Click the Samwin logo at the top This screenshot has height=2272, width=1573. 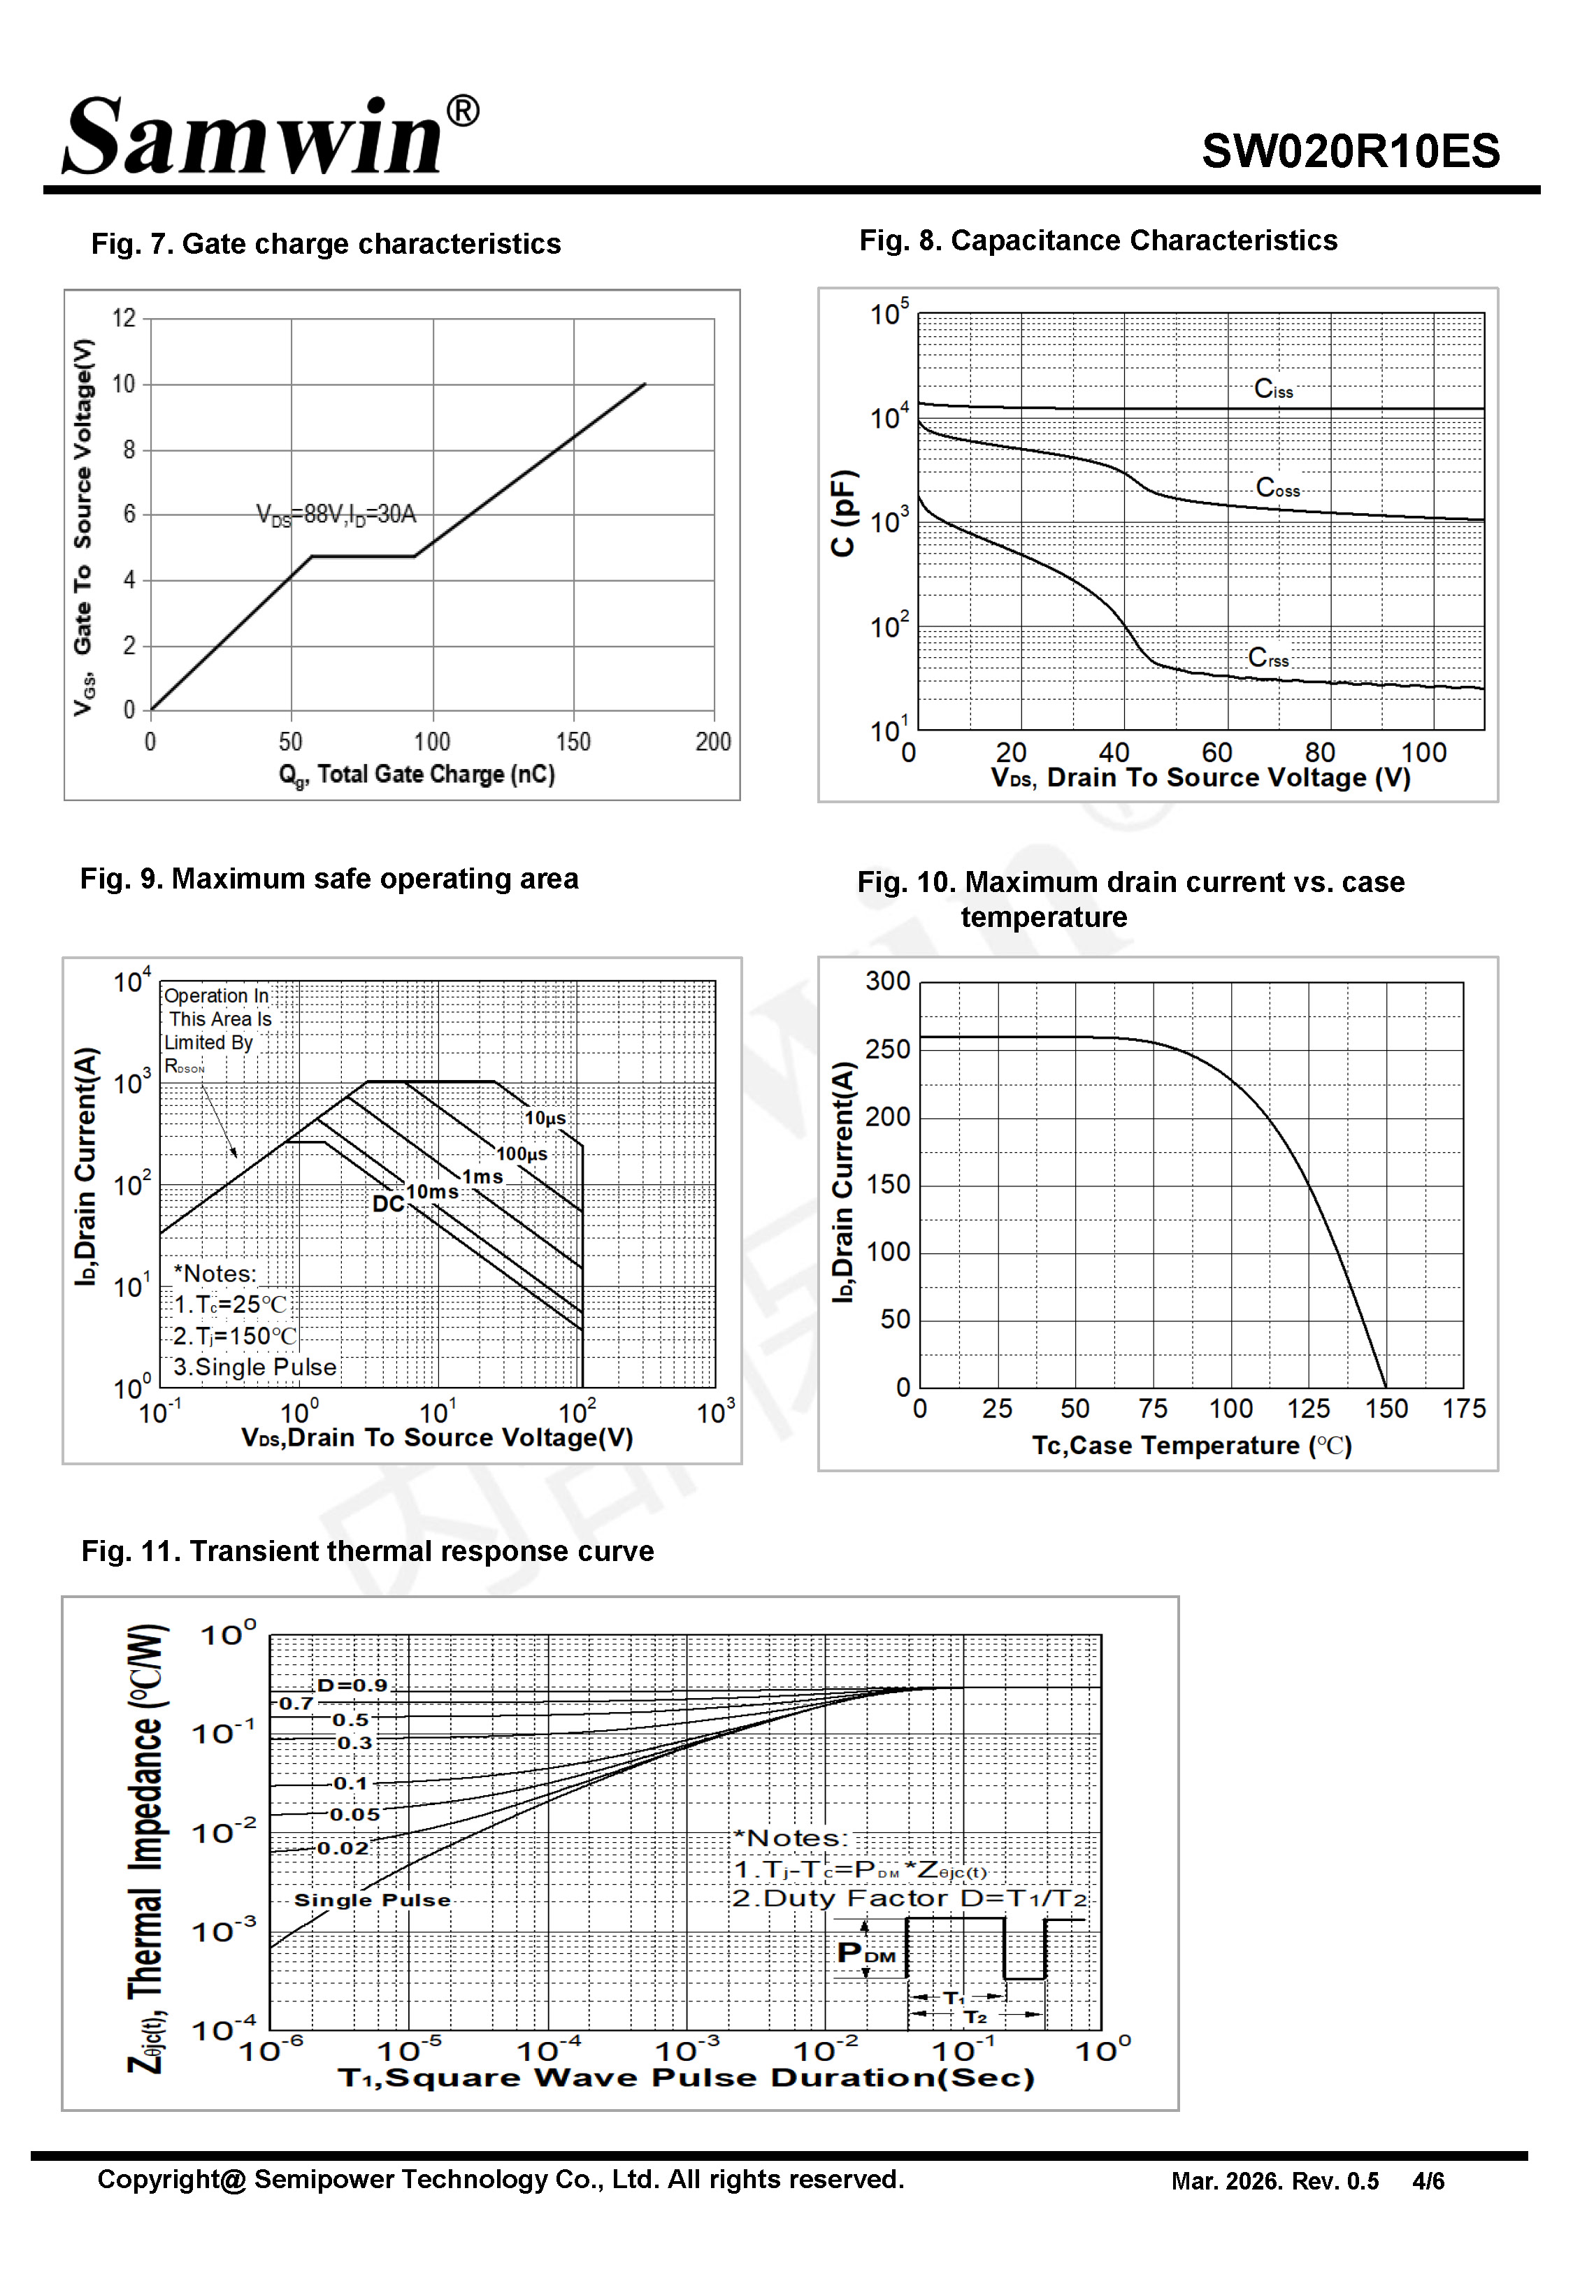click(271, 136)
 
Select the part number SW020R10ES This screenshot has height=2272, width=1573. click(1350, 152)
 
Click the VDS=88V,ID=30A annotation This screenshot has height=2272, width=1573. click(336, 515)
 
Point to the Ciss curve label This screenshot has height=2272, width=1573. click(1273, 389)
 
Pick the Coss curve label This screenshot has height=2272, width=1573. click(1278, 488)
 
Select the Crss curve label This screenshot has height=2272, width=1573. click(1268, 657)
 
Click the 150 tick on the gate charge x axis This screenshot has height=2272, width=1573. click(573, 742)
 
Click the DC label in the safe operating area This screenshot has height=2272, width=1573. click(388, 1204)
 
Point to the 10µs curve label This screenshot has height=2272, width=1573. click(545, 1119)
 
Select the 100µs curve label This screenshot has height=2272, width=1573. click(522, 1153)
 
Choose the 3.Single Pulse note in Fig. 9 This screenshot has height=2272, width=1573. click(255, 1367)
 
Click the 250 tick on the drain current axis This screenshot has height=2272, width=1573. click(888, 1049)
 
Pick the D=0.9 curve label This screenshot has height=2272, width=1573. click(352, 1685)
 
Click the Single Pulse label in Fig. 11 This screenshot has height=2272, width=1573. click(373, 1899)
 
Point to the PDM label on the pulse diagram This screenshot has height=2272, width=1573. click(866, 1953)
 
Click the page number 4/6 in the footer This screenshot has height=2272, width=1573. click(1428, 2180)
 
